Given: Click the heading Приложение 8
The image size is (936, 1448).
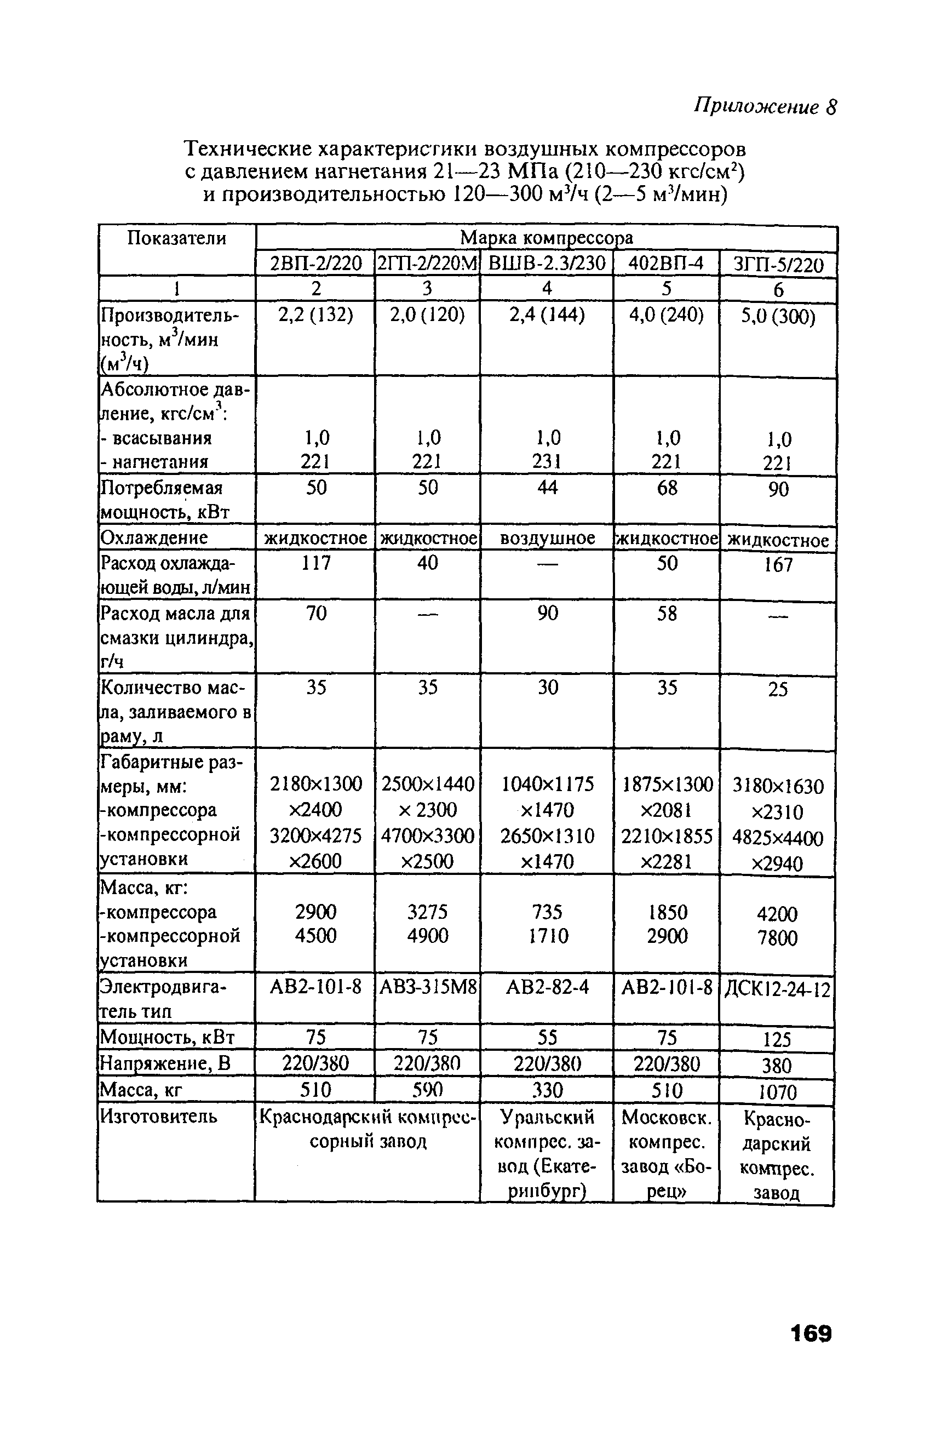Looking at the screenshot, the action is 765,107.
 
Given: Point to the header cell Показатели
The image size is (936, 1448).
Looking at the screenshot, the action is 176,238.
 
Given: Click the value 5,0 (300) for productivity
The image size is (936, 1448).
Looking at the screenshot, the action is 778,317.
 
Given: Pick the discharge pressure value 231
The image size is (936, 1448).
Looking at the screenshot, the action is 547,462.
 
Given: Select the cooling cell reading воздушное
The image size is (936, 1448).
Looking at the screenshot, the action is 547,539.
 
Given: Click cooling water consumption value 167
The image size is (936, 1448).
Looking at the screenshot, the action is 778,565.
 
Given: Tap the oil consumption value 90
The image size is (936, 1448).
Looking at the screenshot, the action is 548,614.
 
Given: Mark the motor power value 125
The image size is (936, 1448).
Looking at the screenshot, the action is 777,1039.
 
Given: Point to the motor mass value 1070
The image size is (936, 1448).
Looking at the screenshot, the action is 777,1093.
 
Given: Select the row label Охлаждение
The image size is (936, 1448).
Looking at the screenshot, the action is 154,538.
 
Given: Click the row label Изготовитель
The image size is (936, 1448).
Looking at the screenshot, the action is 159,1116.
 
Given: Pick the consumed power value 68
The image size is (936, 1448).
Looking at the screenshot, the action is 667,488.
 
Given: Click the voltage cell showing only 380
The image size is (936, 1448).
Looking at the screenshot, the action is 777,1066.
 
